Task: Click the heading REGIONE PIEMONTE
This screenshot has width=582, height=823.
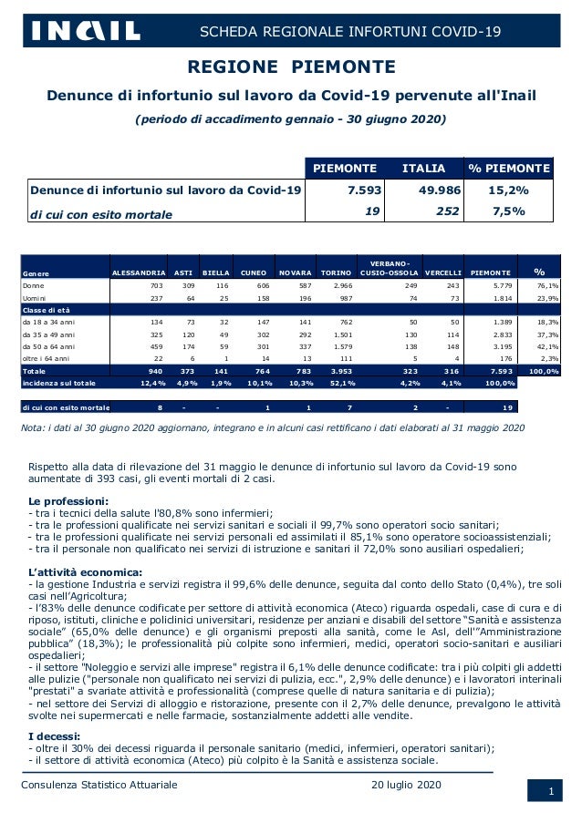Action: [291, 67]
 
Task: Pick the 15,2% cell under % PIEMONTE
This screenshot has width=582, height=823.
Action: [509, 190]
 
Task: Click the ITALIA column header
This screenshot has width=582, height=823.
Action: [424, 169]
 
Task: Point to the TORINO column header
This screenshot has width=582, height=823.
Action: [335, 273]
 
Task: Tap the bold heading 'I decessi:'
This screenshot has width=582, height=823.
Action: [56, 736]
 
